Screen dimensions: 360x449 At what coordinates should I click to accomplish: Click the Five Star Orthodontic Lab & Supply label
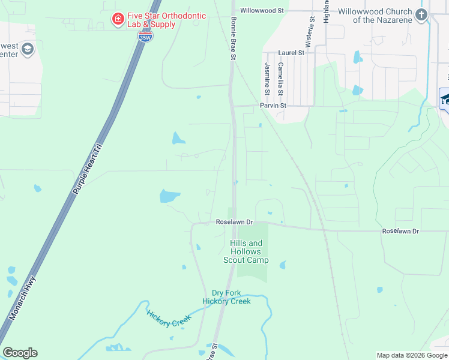coord(166,20)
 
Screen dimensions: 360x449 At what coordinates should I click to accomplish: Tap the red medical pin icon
coord(118,20)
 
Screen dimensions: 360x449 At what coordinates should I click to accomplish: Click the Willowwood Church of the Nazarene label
coord(375,16)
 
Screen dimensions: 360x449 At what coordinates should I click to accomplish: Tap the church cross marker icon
coord(422,15)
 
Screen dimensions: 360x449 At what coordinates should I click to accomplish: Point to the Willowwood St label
coord(262,11)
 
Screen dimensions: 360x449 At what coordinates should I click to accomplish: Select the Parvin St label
coord(273,106)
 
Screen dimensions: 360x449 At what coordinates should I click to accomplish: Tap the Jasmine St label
coord(266,77)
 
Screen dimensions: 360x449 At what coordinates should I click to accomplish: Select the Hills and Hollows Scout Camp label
coord(246,251)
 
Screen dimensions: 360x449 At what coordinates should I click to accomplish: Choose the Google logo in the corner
coord(20,353)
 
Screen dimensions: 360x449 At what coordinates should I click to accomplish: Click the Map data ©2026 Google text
coord(412,355)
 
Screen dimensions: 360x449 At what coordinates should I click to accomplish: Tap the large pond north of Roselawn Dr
coord(169,196)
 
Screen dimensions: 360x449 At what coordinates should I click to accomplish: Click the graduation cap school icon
coord(445,99)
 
